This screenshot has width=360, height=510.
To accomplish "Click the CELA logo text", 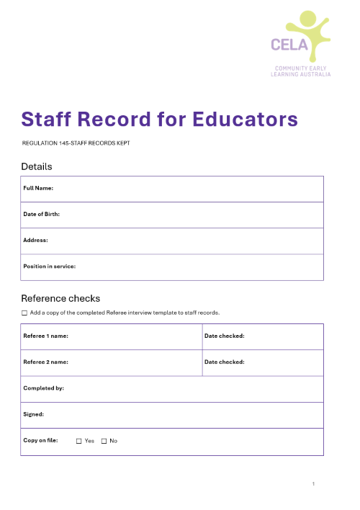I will click(289, 45).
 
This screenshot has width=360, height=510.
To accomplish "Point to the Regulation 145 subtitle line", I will click(76, 143).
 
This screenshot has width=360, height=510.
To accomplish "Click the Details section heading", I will click(37, 166).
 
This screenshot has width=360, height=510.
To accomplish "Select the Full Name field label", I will click(39, 188).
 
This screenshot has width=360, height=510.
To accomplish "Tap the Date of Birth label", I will click(42, 214).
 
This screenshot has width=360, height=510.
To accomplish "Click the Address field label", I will click(36, 240).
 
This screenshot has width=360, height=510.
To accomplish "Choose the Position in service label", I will click(50, 266).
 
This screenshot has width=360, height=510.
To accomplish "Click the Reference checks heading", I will click(60, 298).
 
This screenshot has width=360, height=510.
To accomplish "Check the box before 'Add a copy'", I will click(24, 313).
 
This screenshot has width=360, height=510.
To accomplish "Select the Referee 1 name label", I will click(45, 336).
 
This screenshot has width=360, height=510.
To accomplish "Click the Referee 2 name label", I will click(45, 362).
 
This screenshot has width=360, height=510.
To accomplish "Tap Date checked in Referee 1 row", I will click(225, 336).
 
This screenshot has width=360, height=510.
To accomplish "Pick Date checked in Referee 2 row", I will click(225, 362).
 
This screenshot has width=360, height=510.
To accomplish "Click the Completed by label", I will click(44, 388).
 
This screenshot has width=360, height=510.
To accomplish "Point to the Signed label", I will click(34, 414).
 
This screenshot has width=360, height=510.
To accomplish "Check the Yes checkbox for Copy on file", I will click(79, 441).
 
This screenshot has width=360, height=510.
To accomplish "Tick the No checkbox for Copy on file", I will click(104, 441).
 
